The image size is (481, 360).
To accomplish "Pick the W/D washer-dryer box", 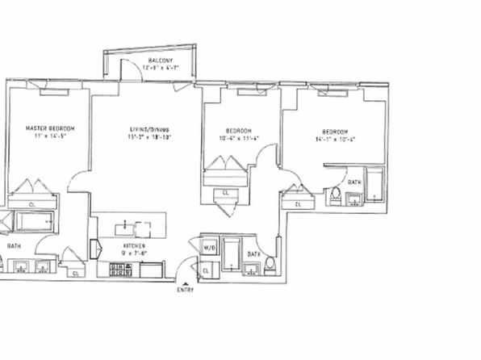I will click(207, 246).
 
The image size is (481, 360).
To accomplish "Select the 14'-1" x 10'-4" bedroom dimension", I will click(335, 140).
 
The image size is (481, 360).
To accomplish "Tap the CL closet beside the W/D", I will click(207, 270).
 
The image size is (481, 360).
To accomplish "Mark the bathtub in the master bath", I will click(31, 220).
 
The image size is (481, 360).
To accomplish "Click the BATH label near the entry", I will click(253, 253).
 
